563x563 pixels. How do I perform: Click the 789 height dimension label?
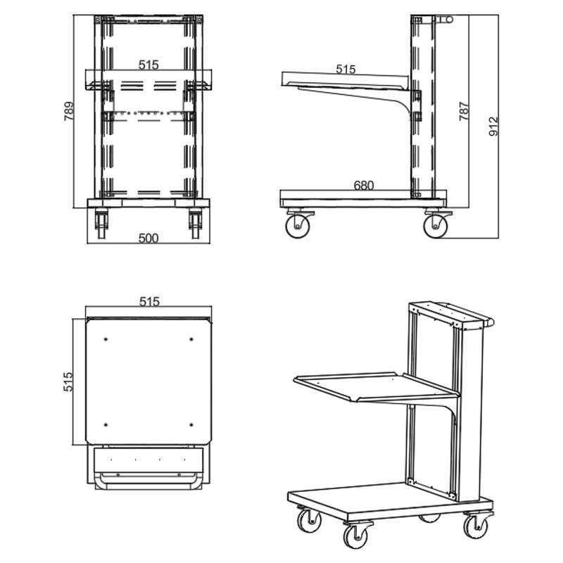(69, 111)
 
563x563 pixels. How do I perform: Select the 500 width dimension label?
(148, 238)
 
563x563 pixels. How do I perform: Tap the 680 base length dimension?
(364, 185)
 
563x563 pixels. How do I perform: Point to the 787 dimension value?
(464, 111)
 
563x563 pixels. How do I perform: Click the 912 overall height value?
(494, 126)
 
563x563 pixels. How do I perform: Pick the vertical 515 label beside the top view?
(68, 381)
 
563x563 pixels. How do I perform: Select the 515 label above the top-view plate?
(149, 302)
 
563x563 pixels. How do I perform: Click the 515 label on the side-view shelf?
(346, 69)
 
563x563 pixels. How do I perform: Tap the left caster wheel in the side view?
(297, 226)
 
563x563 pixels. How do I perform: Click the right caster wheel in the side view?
(436, 226)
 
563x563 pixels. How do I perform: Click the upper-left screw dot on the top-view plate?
(106, 339)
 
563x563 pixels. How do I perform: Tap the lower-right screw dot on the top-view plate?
(191, 425)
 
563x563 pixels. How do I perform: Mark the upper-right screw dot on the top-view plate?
(191, 339)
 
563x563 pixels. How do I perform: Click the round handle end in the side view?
(449, 20)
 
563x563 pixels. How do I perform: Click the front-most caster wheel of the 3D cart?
(355, 536)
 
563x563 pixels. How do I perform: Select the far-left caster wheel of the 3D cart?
(309, 521)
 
